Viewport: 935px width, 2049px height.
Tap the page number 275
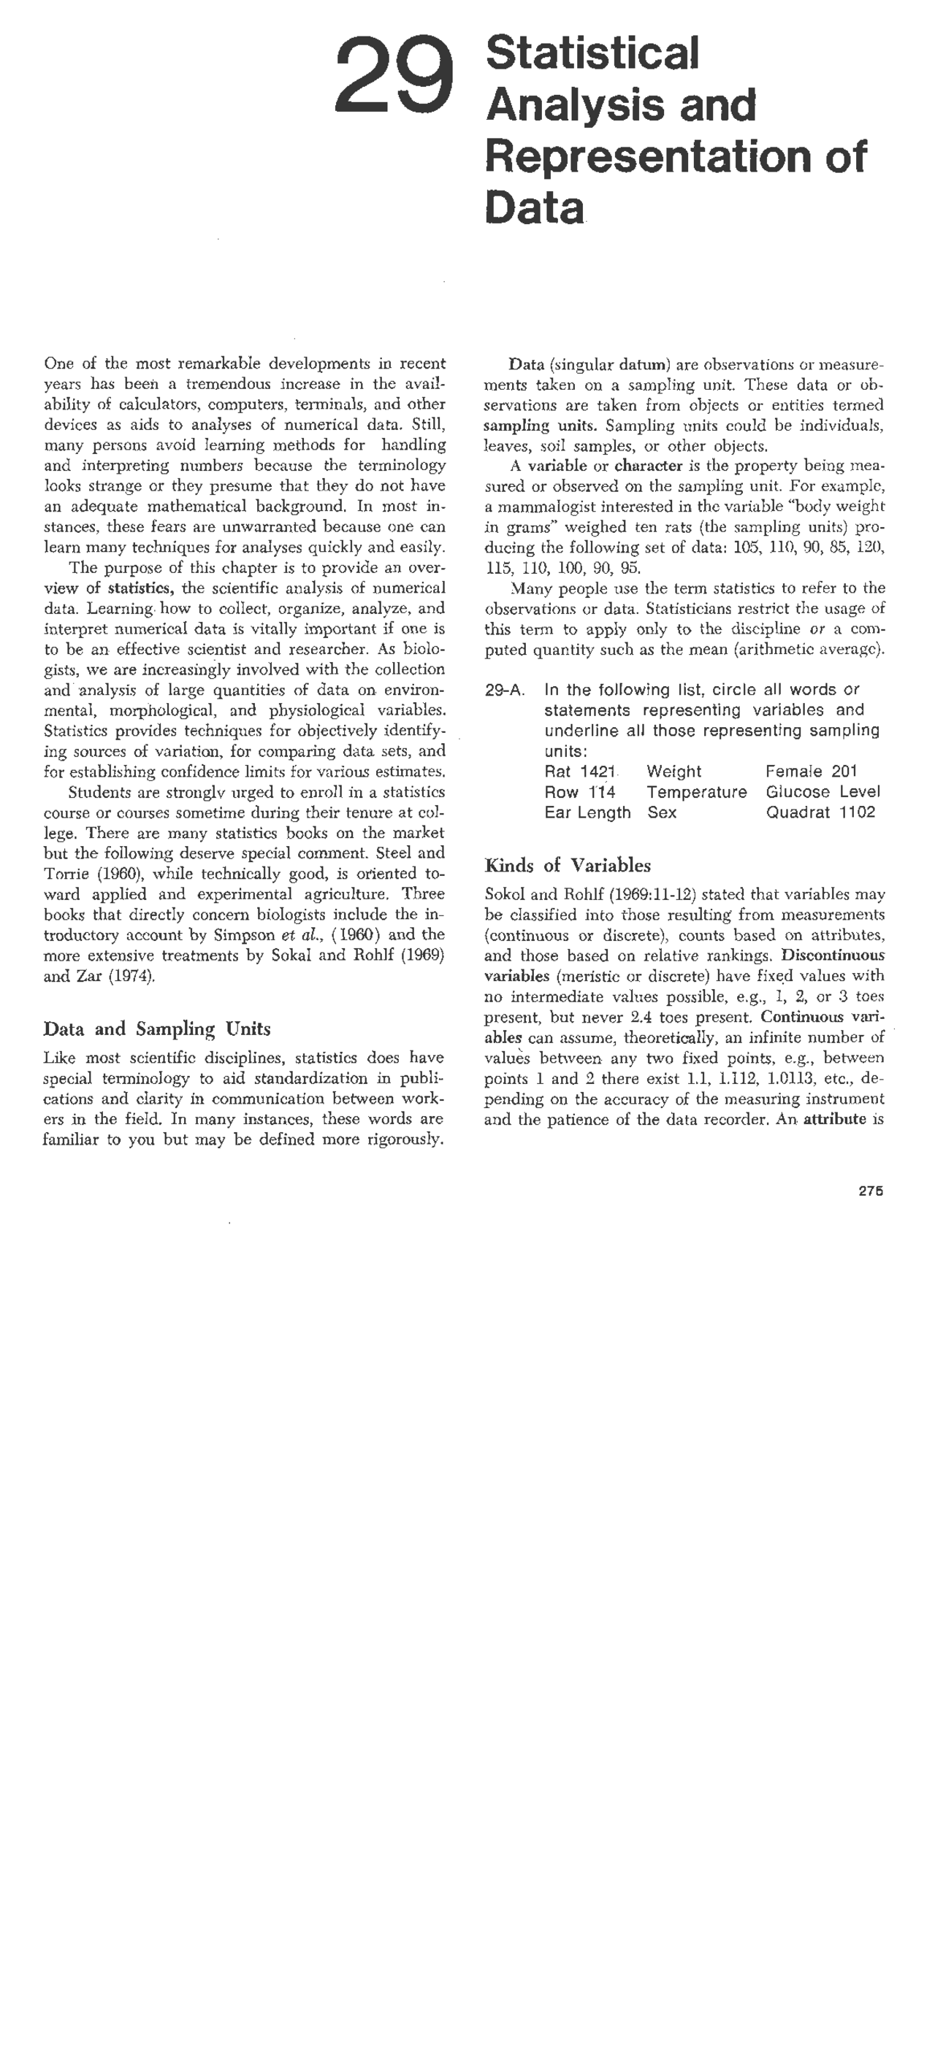point(871,1191)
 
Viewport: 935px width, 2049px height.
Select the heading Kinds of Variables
point(568,866)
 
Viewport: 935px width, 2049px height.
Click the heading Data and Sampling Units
point(157,1029)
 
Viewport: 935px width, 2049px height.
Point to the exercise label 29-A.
point(505,691)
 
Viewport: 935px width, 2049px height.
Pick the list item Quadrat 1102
point(820,812)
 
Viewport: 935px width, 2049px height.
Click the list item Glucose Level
point(823,792)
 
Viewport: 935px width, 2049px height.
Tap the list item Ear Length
point(587,812)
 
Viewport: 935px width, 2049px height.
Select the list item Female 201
point(811,772)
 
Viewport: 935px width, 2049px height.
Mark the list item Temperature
point(696,792)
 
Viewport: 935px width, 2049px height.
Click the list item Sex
point(661,812)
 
